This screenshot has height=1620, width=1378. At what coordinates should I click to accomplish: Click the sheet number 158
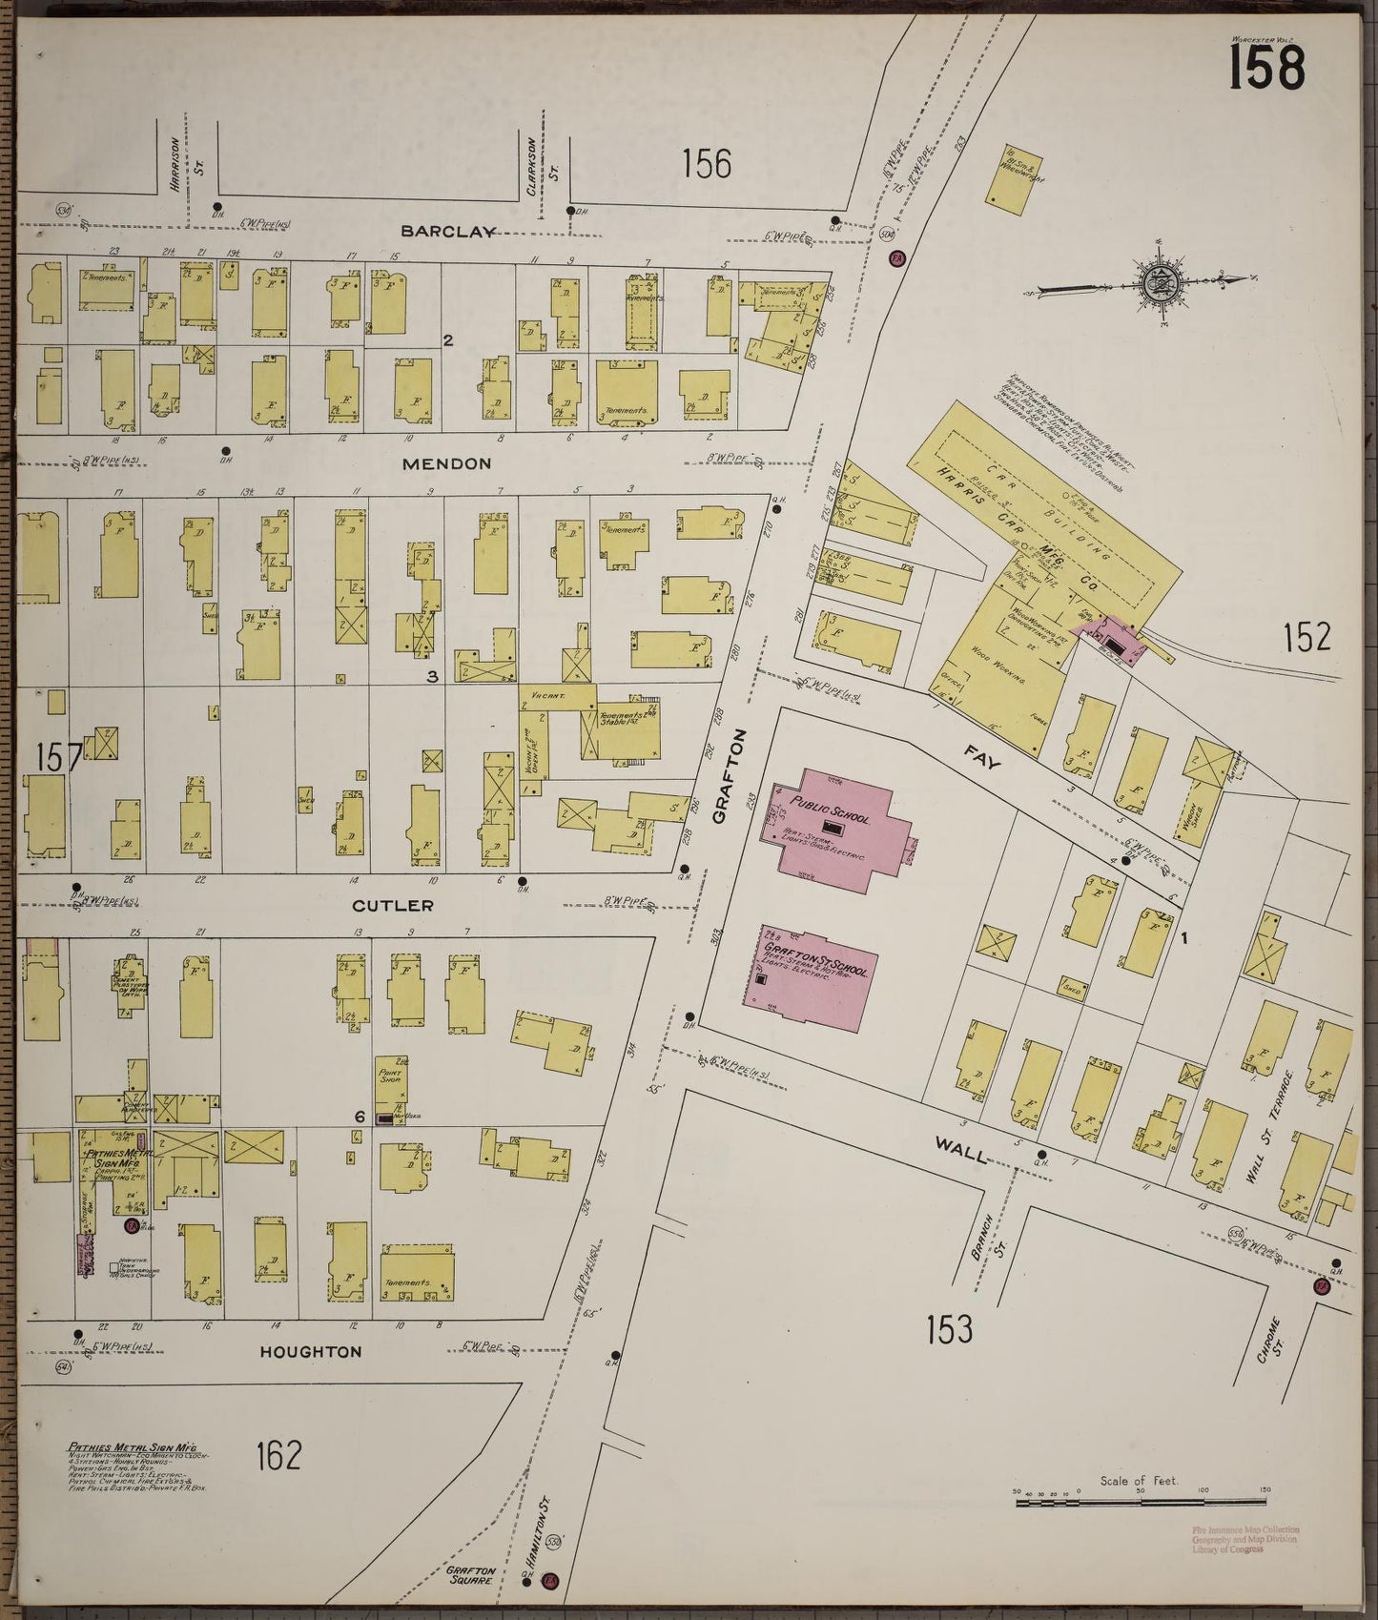1265,67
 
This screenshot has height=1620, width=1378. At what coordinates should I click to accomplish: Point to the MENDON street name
446,463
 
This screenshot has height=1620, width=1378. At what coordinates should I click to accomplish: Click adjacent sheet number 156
707,164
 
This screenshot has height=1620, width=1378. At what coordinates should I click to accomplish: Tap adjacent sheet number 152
1306,636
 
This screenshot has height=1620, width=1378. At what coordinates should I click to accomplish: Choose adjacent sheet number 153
949,1328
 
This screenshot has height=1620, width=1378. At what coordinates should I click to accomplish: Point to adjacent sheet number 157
59,759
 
